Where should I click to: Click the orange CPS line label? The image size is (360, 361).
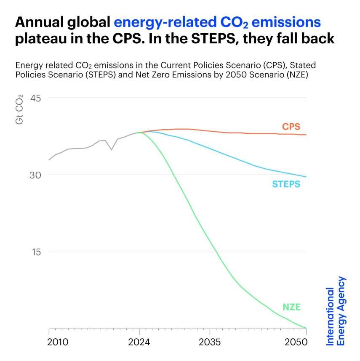click(x=291, y=127)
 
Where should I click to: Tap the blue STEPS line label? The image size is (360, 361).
click(x=286, y=184)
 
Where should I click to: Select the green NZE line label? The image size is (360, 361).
click(x=291, y=307)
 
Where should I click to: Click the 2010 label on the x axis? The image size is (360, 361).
click(x=58, y=341)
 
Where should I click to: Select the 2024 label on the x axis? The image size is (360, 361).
click(x=139, y=341)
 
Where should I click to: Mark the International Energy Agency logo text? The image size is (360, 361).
click(x=336, y=311)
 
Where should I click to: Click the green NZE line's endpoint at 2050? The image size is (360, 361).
click(x=306, y=328)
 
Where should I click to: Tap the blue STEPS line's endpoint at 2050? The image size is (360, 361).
click(x=306, y=177)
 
